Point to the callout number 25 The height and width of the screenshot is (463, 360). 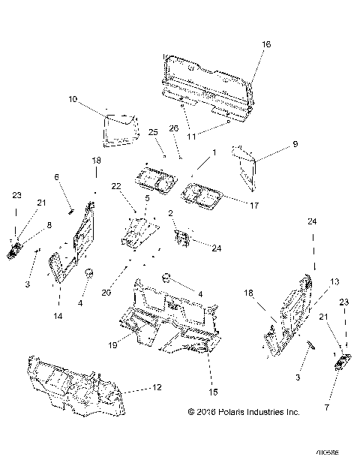pos(152,132)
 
